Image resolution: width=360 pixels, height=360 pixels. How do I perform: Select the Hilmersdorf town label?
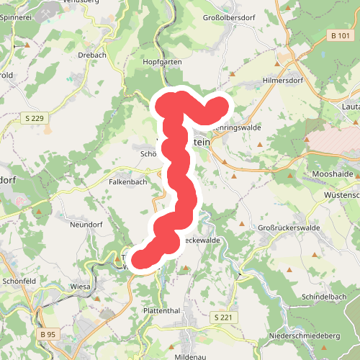[285, 80]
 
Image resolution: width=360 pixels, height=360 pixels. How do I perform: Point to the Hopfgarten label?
[163, 63]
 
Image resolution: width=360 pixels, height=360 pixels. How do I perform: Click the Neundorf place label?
[87, 225]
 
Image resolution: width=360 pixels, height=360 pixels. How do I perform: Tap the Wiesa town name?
[80, 286]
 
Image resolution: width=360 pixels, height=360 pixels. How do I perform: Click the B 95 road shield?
[48, 335]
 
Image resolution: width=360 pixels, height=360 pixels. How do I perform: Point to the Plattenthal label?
[161, 310]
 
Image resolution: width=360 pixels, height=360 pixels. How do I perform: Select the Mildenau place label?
[190, 356]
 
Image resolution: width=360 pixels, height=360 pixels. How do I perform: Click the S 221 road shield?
[224, 317]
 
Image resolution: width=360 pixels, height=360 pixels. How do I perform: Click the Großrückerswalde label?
[289, 228]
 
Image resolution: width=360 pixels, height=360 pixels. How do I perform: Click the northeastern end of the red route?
[217, 106]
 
